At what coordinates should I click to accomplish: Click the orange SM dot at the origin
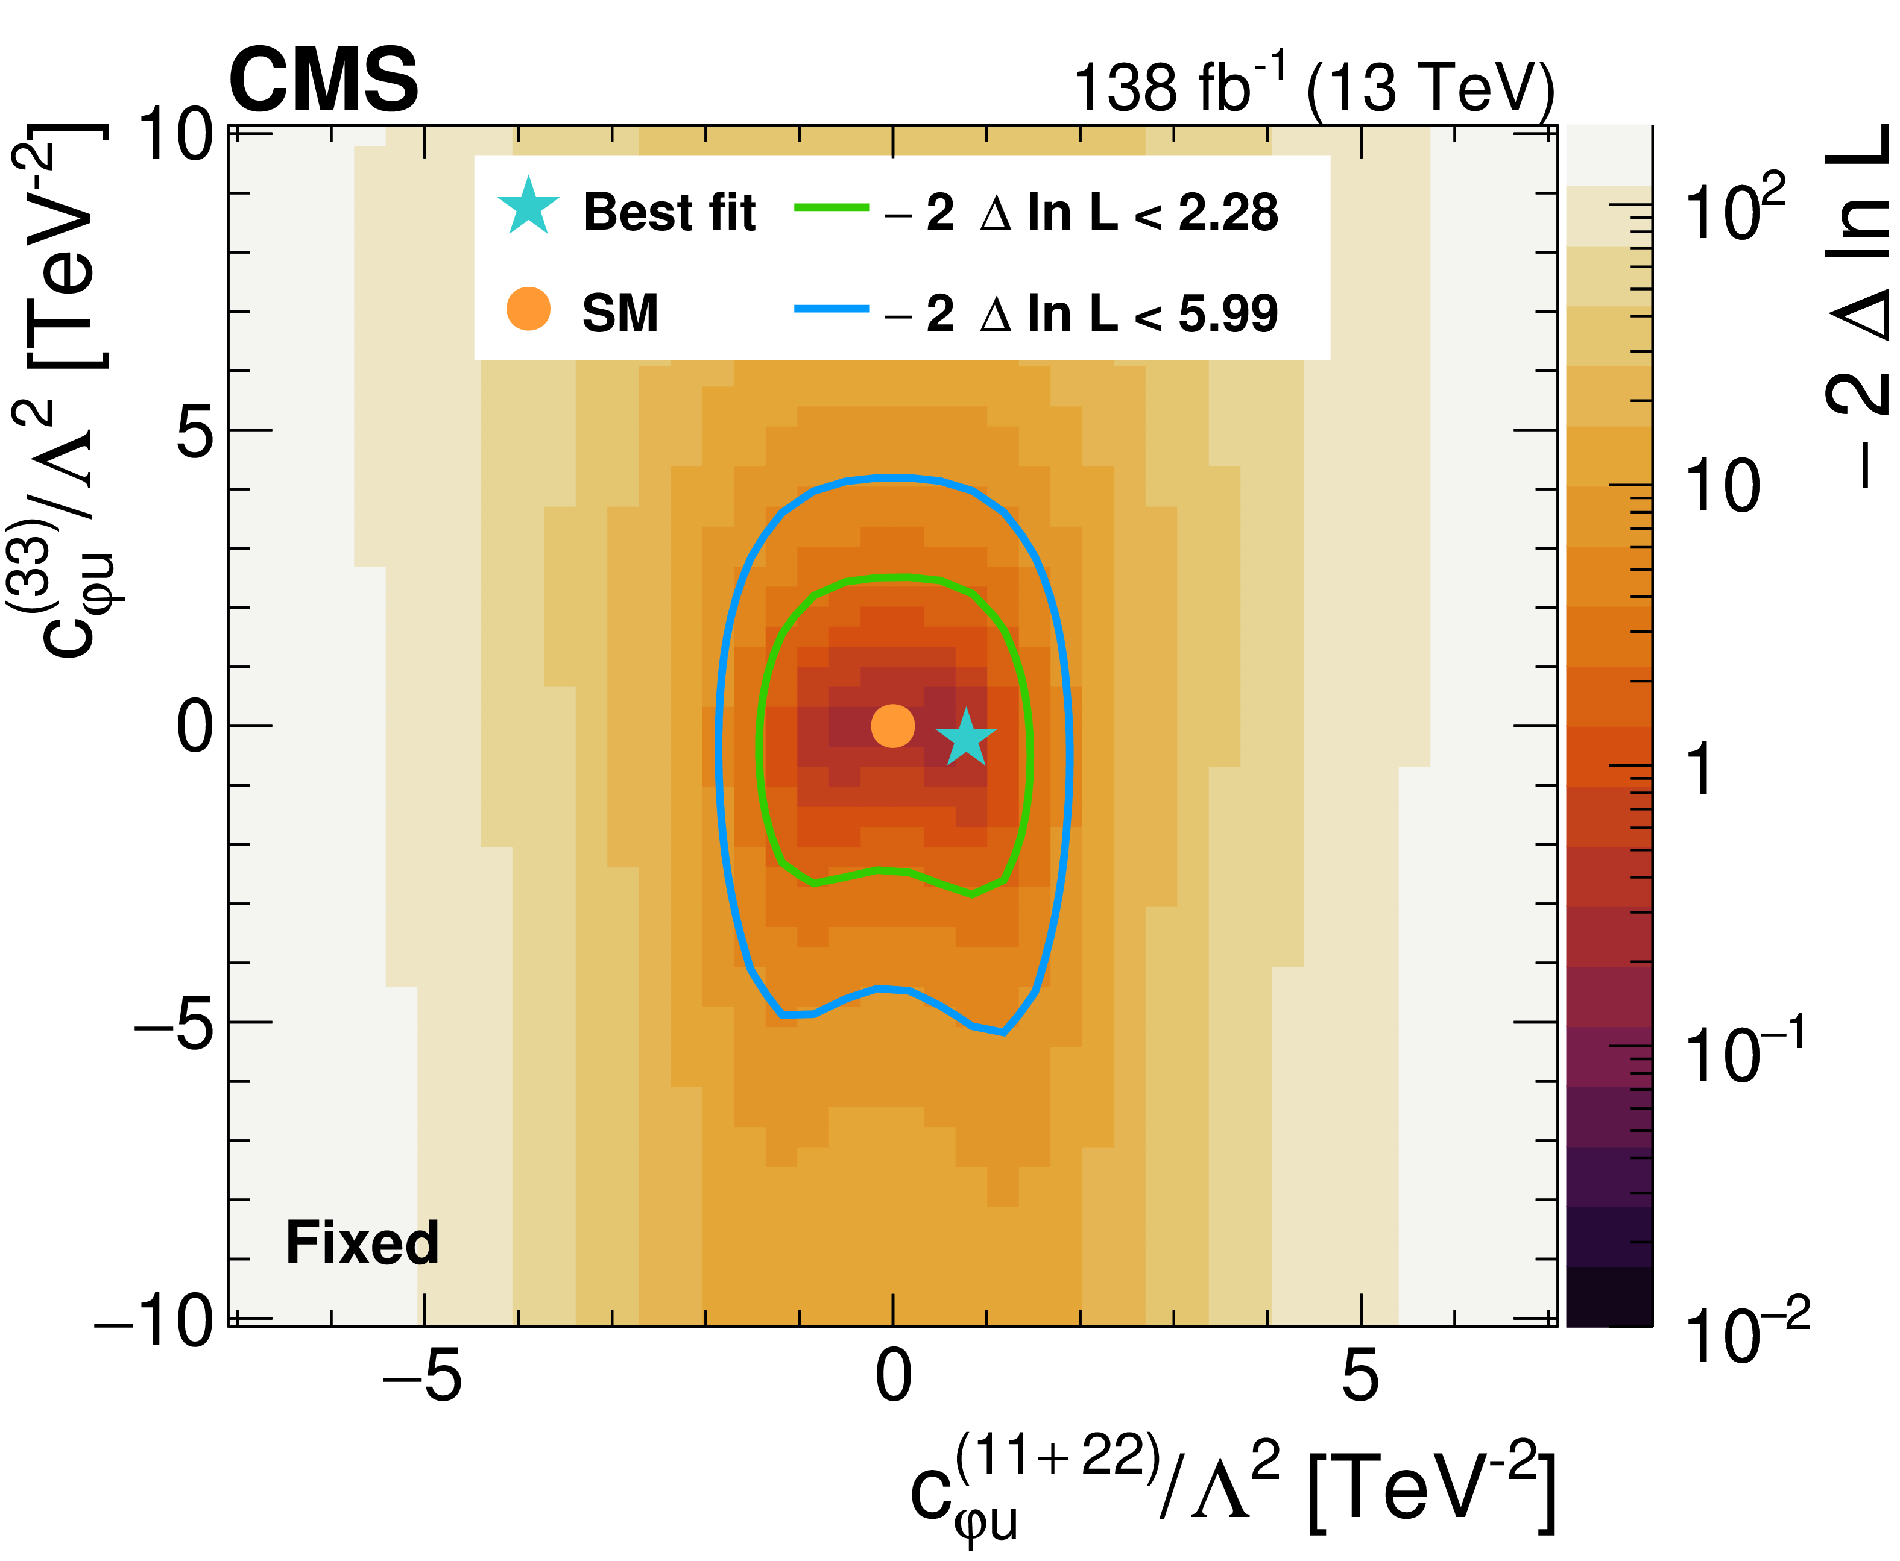892,726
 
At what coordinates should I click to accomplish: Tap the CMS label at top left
324,81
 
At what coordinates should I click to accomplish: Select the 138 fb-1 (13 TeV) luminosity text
1313,88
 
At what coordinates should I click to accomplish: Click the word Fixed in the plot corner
362,1243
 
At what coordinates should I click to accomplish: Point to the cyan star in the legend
528,207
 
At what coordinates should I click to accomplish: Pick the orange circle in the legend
528,309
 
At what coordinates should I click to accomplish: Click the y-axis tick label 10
176,137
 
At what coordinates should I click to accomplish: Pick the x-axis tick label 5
1360,1377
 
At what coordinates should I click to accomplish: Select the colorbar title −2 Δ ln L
1858,306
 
